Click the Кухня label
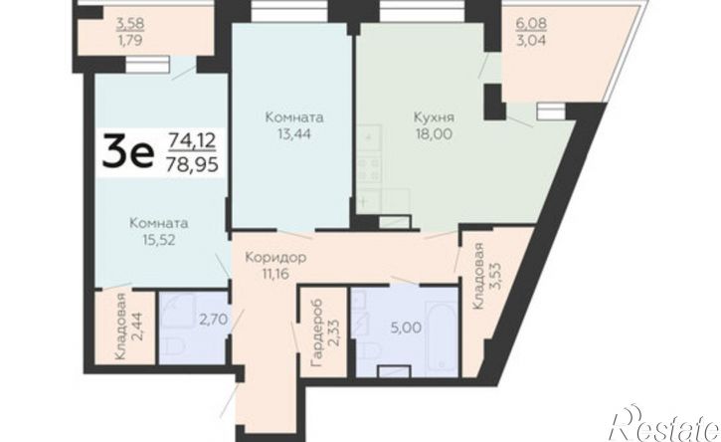[x=434, y=116]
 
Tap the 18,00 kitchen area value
[x=434, y=134]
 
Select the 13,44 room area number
[x=294, y=134]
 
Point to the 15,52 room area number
[x=159, y=240]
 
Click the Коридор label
[x=274, y=258]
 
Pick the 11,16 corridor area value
[x=274, y=275]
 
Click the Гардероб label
[x=316, y=331]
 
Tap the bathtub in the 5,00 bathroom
[x=442, y=335]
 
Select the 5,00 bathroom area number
[x=406, y=328]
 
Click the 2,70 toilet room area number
[x=214, y=319]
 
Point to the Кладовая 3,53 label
[x=484, y=276]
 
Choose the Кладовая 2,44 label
[x=129, y=326]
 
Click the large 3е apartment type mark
[x=127, y=150]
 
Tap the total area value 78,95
[x=192, y=163]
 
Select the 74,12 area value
[x=192, y=139]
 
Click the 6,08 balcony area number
[x=532, y=23]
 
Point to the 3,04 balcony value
[x=532, y=40]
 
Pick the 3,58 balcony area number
[x=130, y=23]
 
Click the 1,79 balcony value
[x=130, y=40]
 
